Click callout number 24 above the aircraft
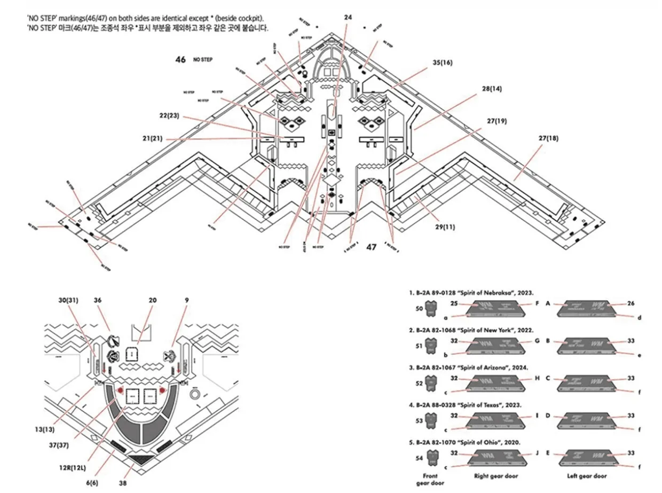coord(348,18)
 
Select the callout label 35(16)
coord(443,62)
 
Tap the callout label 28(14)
coord(491,88)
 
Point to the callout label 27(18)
coord(548,138)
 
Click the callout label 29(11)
coord(445,227)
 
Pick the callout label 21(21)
coord(153,139)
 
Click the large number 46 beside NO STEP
coord(180,60)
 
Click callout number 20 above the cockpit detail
coord(153,300)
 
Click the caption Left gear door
coord(585,476)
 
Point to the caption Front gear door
coord(430,479)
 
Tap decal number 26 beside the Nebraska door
coord(631,304)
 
